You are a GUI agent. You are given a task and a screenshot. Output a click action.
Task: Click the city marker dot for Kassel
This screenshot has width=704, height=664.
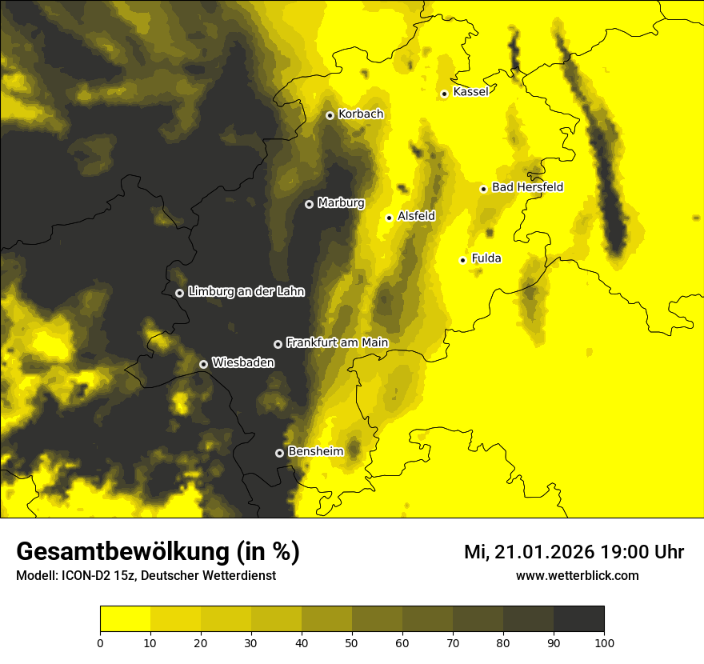pyautogui.click(x=444, y=94)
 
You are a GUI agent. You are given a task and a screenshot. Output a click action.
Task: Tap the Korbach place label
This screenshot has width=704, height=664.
pyautogui.click(x=360, y=114)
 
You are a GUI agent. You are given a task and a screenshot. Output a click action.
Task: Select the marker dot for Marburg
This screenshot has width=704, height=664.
pyautogui.click(x=309, y=204)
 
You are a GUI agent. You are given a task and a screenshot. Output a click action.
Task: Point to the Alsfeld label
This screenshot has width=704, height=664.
pyautogui.click(x=416, y=216)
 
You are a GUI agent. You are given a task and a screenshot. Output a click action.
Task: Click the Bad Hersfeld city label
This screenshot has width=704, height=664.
pyautogui.click(x=527, y=187)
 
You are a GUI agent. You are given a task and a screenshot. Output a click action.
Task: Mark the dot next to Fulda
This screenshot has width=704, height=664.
pyautogui.click(x=462, y=260)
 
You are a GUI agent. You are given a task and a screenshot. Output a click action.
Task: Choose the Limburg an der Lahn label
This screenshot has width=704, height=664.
pyautogui.click(x=246, y=292)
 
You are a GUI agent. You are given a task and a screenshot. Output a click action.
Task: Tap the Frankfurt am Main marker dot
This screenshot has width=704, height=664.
pyautogui.click(x=278, y=344)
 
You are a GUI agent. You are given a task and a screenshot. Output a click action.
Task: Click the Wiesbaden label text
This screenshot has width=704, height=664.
pyautogui.click(x=242, y=362)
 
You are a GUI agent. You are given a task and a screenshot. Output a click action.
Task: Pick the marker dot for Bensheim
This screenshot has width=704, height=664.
pyautogui.click(x=279, y=453)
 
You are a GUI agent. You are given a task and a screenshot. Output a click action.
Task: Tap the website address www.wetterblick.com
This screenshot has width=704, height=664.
pyautogui.click(x=577, y=575)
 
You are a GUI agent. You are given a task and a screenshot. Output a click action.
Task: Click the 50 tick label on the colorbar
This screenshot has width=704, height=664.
pyautogui.click(x=352, y=642)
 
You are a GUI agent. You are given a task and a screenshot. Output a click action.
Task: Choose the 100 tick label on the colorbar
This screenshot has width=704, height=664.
pyautogui.click(x=604, y=642)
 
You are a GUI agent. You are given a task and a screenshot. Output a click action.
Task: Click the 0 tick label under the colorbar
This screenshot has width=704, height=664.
pyautogui.click(x=100, y=642)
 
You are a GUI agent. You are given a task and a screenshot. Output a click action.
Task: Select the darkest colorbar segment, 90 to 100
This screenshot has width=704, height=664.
pyautogui.click(x=578, y=619)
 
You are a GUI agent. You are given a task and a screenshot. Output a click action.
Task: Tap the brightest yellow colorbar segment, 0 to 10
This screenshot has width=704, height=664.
pyautogui.click(x=125, y=619)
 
